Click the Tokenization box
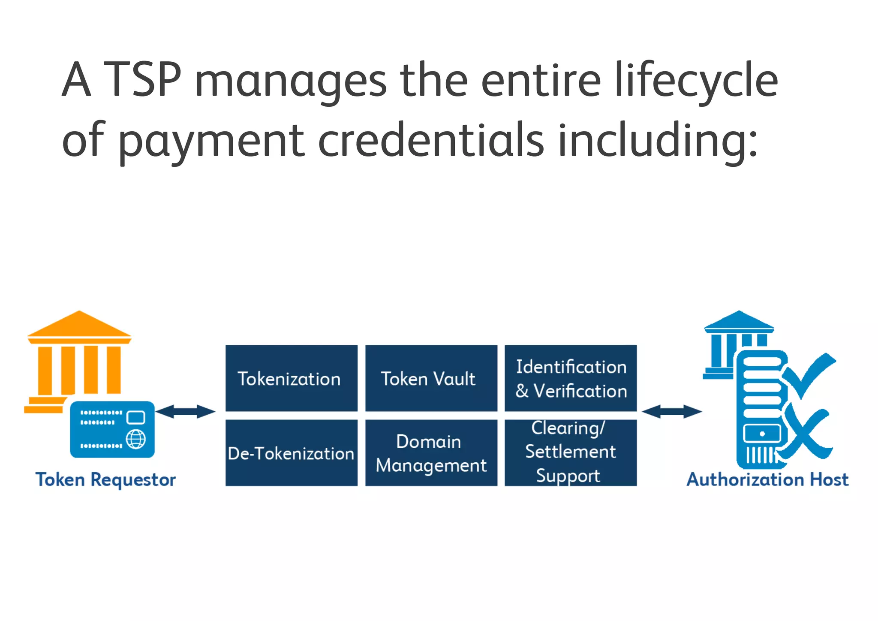tap(291, 378)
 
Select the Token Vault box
tap(431, 378)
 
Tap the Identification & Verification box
tap(570, 378)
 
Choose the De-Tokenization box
tap(291, 452)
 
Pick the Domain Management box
tap(431, 452)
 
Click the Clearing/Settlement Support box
tap(570, 452)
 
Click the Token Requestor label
tap(105, 479)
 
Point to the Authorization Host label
tap(767, 479)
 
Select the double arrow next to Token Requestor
tap(185, 411)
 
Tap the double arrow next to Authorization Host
tap(672, 411)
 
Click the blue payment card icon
tap(112, 429)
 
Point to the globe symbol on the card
tap(136, 439)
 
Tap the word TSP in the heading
tap(143, 79)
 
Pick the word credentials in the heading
tap(431, 140)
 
